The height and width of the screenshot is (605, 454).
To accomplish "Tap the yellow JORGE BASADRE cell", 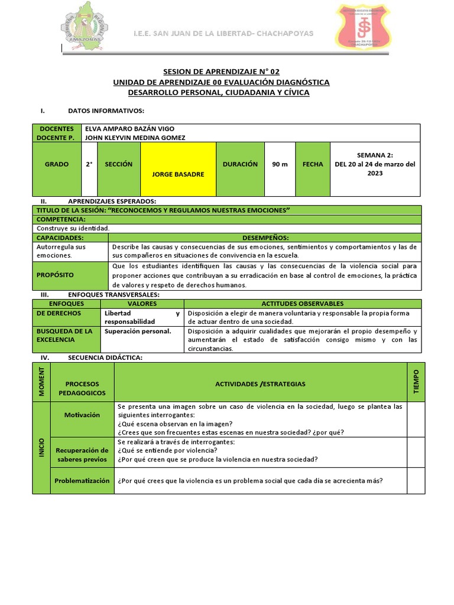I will (x=178, y=170).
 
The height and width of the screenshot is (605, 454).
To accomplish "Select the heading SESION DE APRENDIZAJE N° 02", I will (x=221, y=71).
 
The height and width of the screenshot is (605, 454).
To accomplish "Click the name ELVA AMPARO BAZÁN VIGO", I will (x=130, y=129).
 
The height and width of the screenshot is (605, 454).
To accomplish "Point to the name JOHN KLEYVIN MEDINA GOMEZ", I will (x=135, y=138).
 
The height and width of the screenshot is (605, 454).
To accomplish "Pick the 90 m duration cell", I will (x=280, y=164).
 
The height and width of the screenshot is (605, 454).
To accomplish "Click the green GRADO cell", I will (x=57, y=164).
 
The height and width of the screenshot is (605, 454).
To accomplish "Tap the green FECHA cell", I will (x=313, y=164).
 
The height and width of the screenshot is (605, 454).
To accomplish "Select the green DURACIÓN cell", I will (x=240, y=164).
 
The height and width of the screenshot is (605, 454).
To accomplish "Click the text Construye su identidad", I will (x=73, y=228).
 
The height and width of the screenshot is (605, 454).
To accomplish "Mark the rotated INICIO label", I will (x=41, y=448).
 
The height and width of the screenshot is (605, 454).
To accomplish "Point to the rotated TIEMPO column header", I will (x=416, y=382).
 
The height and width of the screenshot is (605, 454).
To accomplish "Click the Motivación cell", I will (x=82, y=415).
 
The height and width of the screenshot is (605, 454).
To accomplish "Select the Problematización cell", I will (x=82, y=481).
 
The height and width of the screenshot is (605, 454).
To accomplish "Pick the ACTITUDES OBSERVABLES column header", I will (x=302, y=304).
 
